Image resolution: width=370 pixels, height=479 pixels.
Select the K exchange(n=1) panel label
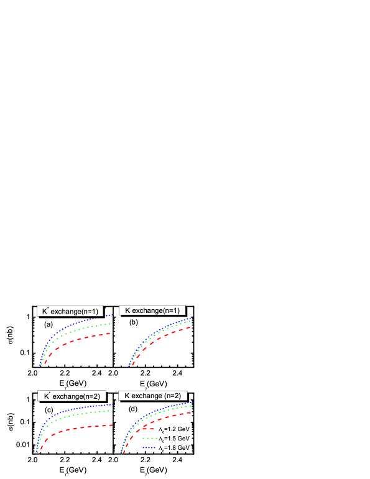pos(152,310)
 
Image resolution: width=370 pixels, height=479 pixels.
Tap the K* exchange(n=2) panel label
pos(72,396)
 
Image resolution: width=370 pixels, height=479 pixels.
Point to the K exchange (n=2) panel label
pos(152,395)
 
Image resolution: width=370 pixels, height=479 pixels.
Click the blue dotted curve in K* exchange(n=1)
pos(75,327)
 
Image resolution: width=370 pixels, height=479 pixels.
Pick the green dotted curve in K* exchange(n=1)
pos(81,329)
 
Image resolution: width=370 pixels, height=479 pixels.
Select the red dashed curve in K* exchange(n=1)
pos(81,338)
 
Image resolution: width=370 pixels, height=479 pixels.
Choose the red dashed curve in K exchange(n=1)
pos(168,337)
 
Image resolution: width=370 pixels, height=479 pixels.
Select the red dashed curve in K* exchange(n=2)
pos(81,427)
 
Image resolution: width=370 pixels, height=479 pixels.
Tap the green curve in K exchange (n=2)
pos(168,411)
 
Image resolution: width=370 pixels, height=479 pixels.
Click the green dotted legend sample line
pos(150,438)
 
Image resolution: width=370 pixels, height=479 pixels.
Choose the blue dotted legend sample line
pos(149,448)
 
